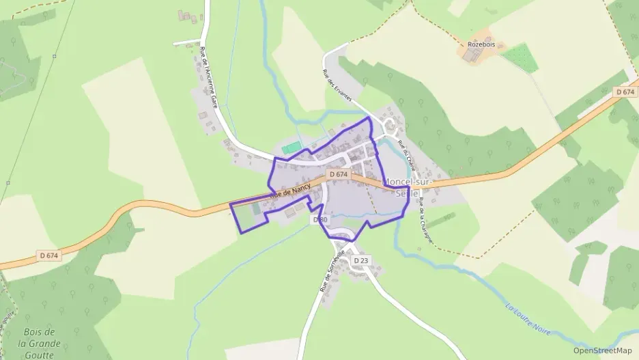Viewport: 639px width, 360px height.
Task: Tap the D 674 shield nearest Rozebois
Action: click(625, 92)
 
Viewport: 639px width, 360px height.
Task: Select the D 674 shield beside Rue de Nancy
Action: click(339, 175)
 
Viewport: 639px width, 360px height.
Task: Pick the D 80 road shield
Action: click(320, 220)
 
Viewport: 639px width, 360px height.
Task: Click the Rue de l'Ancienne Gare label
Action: click(208, 79)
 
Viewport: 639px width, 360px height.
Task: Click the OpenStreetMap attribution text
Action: click(602, 350)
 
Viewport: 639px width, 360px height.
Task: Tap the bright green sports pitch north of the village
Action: click(292, 148)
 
